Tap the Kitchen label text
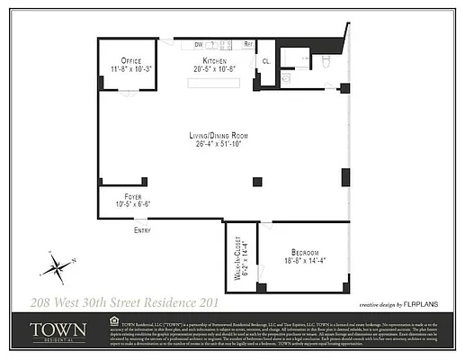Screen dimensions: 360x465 (x=213, y=60)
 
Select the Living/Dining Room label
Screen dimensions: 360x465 (x=220, y=136)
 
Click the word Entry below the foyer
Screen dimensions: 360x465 (x=142, y=230)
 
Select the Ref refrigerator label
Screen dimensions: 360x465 (x=249, y=44)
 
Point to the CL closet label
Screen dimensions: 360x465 (x=266, y=61)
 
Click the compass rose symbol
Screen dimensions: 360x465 (x=55, y=265)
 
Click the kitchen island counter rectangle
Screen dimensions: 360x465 (x=213, y=82)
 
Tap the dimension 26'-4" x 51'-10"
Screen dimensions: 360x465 (x=221, y=144)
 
